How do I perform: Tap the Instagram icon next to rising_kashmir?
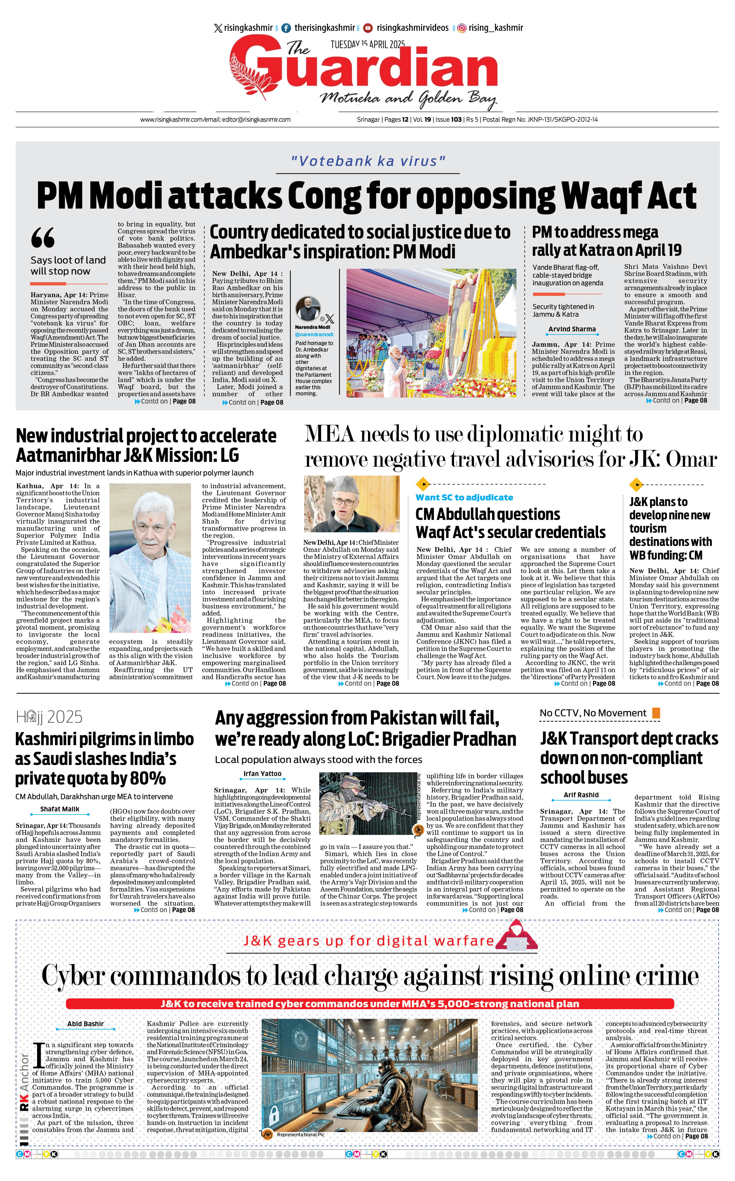(461, 28)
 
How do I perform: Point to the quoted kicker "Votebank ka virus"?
(368, 161)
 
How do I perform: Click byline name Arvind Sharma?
(572, 329)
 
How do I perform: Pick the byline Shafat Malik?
(60, 809)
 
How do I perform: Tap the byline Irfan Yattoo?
(263, 773)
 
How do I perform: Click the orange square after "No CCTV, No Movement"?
(656, 713)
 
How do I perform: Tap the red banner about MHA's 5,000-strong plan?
(369, 1004)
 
